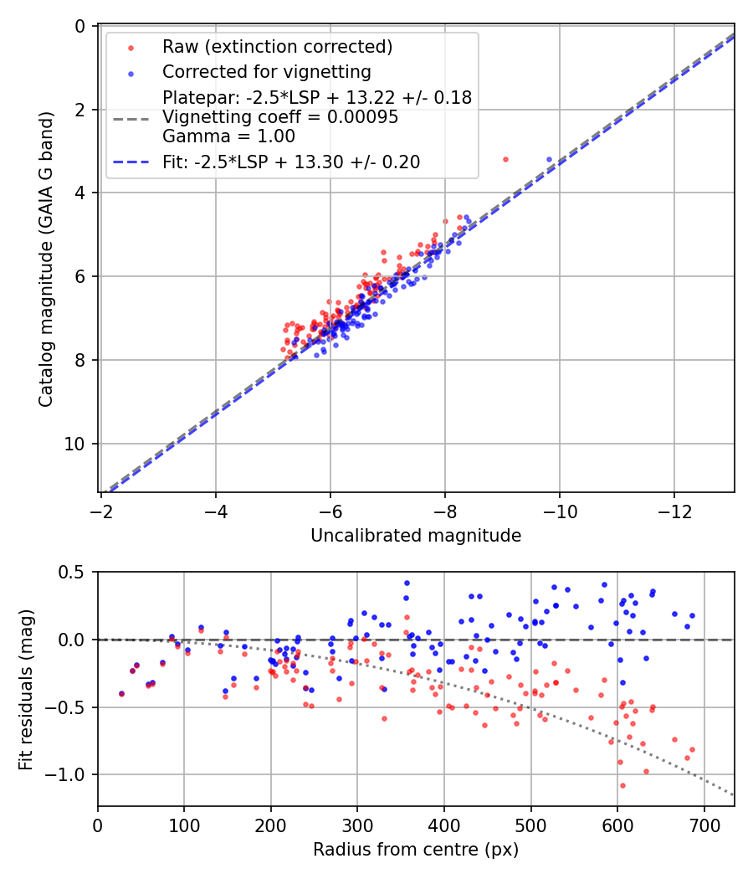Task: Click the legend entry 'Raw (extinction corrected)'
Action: pos(277,46)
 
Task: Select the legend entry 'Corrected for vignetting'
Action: pos(266,71)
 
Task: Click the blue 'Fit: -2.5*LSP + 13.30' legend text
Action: pos(291,162)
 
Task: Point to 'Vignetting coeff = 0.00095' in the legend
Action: pos(280,117)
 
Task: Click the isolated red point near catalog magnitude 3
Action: pos(505,159)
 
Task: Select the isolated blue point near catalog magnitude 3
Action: pos(550,159)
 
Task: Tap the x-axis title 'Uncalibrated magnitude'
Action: pos(416,536)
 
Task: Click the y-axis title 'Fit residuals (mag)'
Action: pos(25,689)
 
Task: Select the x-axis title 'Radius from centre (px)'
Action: pos(416,850)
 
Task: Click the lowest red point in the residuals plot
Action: pos(622,785)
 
